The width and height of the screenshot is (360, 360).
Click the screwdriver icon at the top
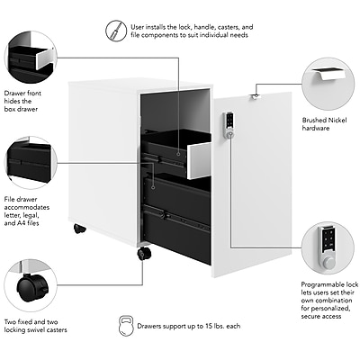[115, 31]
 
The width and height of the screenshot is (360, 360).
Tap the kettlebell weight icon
[126, 326]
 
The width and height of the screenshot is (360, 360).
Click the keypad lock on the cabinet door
[229, 125]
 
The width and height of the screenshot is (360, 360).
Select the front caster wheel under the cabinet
[144, 254]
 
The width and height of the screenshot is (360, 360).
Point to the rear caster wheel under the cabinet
[80, 229]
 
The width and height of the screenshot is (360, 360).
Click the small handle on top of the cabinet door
[256, 96]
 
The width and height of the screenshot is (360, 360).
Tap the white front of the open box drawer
[199, 160]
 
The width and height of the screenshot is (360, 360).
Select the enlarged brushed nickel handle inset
[328, 74]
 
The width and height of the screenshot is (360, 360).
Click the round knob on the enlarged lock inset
[328, 263]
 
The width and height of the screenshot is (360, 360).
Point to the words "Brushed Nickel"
[324, 121]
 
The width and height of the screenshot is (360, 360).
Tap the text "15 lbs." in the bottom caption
[215, 326]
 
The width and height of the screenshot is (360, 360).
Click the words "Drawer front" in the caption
[22, 94]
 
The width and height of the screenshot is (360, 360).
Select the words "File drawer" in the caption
[21, 199]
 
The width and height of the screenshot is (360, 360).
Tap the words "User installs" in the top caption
[148, 27]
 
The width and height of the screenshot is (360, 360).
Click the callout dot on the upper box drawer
[178, 154]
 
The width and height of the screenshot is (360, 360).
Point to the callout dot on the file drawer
[153, 187]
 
